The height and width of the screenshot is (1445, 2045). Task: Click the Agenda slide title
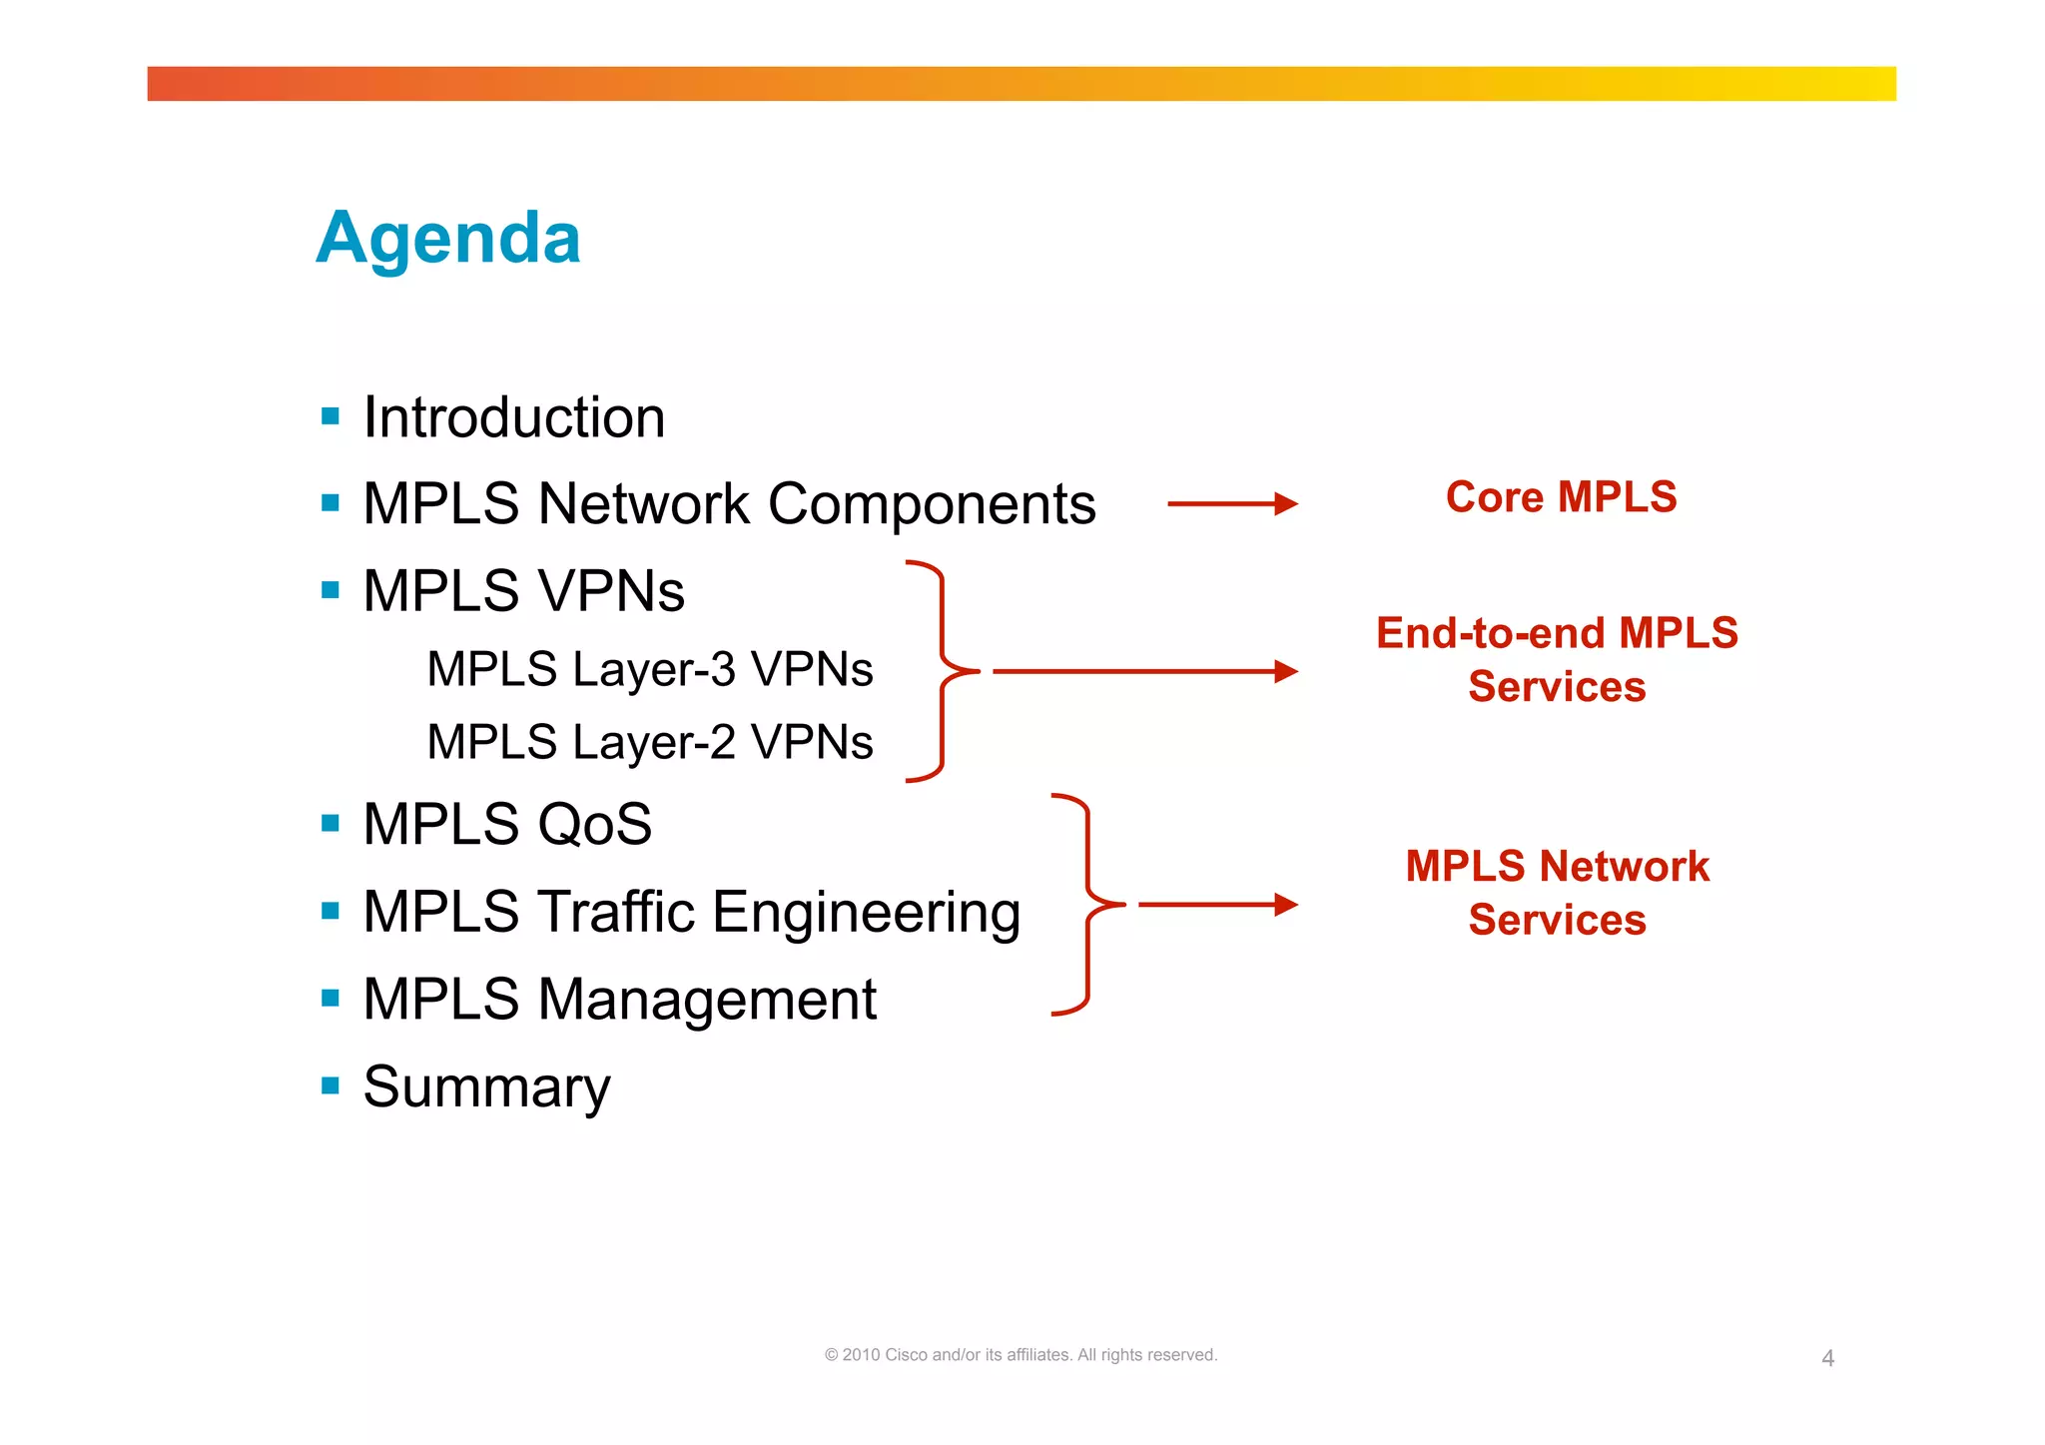[x=448, y=238]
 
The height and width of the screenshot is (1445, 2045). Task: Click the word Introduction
[x=513, y=417]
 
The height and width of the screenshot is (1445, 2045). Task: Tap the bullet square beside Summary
[x=331, y=1085]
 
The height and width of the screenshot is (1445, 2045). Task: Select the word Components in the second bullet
[x=932, y=504]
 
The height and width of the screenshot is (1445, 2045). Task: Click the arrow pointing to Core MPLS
[x=1232, y=504]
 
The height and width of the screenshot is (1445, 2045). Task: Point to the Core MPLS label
[x=1561, y=497]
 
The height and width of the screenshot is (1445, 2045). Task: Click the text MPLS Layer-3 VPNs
[x=649, y=669]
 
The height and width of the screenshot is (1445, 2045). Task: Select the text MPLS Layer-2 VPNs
[x=649, y=742]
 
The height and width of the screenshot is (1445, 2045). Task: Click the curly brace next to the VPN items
[x=942, y=671]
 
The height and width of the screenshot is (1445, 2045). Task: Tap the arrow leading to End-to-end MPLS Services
[x=1144, y=671]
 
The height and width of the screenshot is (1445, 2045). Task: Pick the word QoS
[x=594, y=825]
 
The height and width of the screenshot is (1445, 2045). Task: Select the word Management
[x=707, y=1000]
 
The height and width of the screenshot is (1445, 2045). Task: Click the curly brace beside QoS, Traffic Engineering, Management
[x=1087, y=905]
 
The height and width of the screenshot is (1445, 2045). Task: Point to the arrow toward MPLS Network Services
[x=1217, y=905]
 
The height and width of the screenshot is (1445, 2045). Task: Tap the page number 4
[x=1827, y=1358]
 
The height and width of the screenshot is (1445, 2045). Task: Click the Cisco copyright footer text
[x=1021, y=1355]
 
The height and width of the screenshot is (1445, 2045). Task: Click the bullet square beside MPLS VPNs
[x=331, y=589]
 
